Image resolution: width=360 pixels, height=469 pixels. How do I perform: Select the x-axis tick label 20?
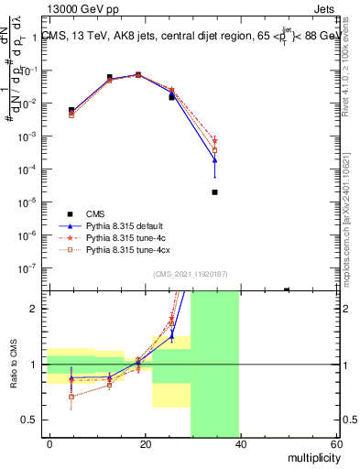pos(146,444)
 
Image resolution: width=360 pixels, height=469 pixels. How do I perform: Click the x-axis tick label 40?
pos(241,444)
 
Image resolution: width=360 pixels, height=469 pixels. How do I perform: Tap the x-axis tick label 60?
pos(336,444)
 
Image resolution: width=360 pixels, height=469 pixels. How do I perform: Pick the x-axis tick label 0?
pos(50,444)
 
